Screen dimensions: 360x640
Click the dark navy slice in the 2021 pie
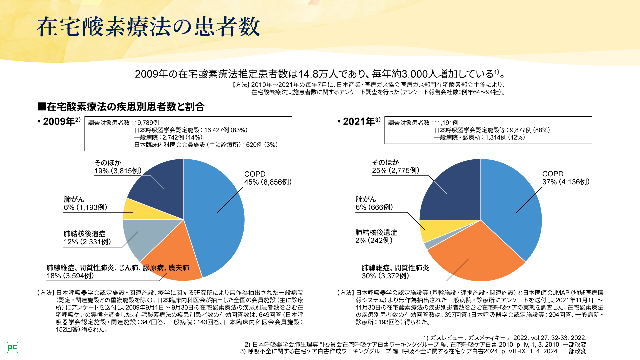(450, 190)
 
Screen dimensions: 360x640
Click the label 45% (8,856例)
(268, 182)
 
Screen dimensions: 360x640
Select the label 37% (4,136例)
(566, 182)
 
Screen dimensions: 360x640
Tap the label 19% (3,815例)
(118, 171)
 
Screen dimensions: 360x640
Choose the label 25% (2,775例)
(396, 171)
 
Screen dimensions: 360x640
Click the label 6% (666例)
(374, 207)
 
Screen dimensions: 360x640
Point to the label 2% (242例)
(374, 241)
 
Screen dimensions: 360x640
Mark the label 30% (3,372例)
(385, 276)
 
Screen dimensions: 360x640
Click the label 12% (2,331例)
(87, 242)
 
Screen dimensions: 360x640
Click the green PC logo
(12, 347)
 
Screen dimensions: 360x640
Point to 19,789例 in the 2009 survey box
(147, 123)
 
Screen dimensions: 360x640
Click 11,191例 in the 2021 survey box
(446, 123)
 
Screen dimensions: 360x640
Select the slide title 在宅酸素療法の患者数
(148, 27)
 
